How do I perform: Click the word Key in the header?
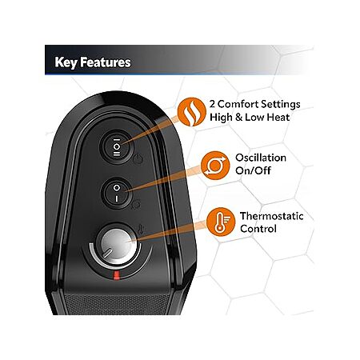[66, 62]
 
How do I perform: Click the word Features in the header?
[106, 62]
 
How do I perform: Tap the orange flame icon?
[192, 112]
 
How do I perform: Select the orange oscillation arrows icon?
[215, 166]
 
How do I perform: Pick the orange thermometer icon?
[221, 222]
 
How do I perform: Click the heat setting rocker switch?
[117, 146]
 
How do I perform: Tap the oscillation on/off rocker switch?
[117, 193]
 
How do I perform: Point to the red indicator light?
[116, 275]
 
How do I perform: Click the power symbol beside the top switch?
[138, 159]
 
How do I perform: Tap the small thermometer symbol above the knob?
[141, 229]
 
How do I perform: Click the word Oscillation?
[261, 158]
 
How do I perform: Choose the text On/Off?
[253, 170]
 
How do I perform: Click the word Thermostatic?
[272, 216]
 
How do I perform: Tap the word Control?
[258, 229]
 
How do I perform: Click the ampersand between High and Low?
[238, 118]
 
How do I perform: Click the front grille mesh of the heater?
[118, 304]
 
